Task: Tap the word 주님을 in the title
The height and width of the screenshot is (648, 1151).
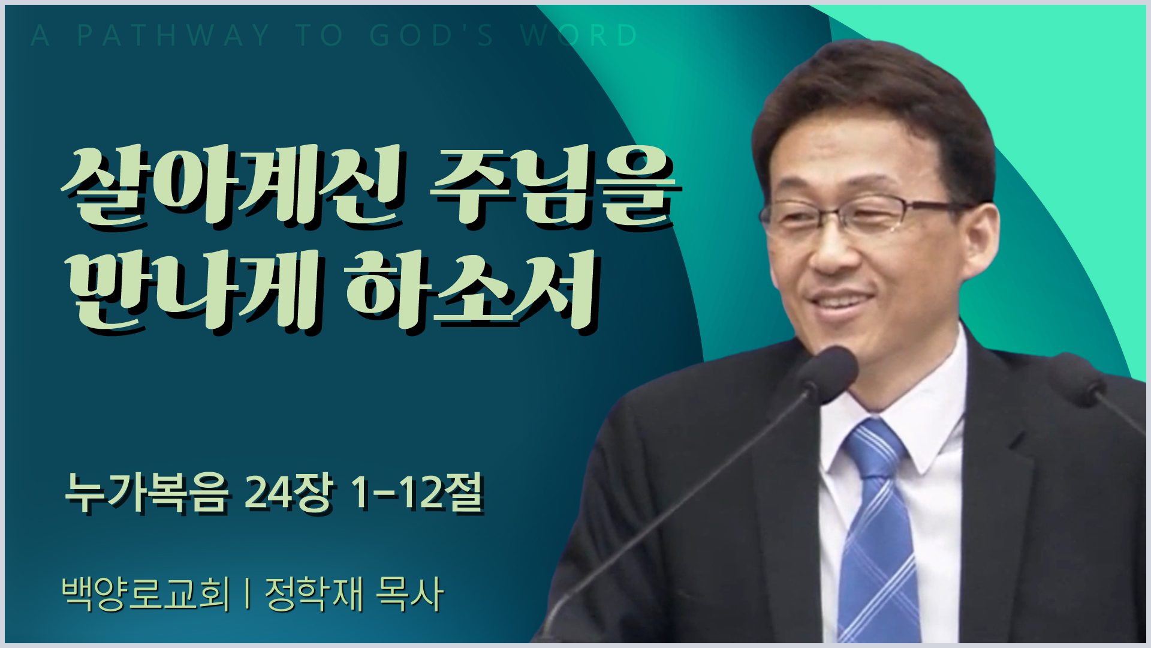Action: point(556,186)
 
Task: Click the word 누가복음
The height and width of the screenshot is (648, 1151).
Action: point(147,494)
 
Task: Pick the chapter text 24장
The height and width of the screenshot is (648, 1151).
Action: point(288,494)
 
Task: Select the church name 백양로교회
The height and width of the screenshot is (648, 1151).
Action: point(146,594)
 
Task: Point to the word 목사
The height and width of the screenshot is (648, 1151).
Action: point(409,594)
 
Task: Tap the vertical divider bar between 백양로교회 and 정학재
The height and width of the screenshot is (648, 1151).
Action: point(248,594)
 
